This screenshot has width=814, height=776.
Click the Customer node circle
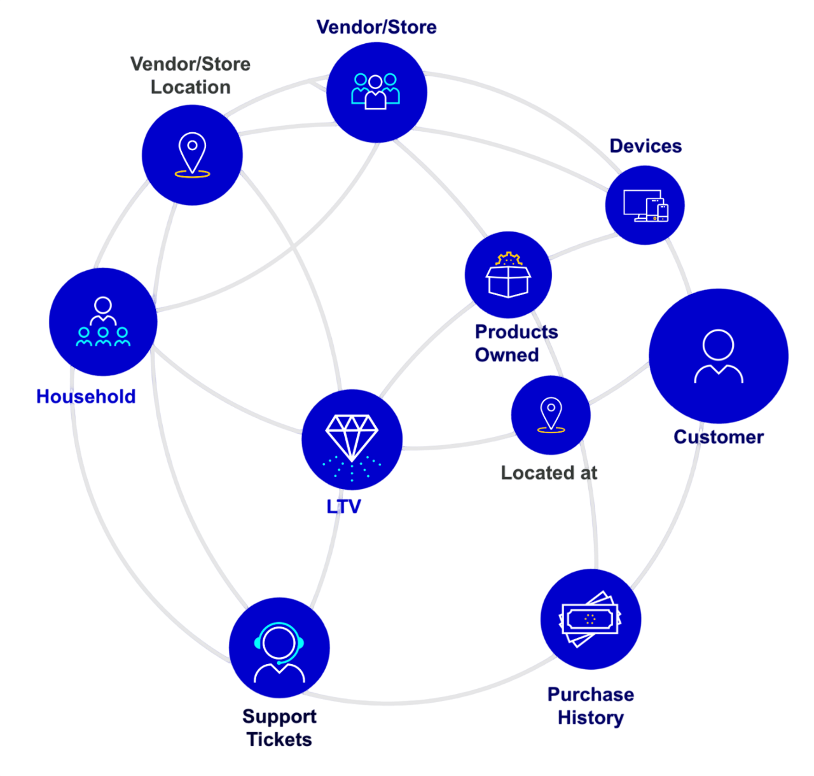[x=719, y=356]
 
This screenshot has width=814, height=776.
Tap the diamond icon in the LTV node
[x=352, y=436]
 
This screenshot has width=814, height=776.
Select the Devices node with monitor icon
[x=645, y=205]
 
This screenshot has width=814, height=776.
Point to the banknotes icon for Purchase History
[x=590, y=619]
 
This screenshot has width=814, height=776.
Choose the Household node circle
[x=103, y=322]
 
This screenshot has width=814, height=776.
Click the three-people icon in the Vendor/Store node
[x=375, y=92]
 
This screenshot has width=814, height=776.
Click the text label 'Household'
[x=86, y=397]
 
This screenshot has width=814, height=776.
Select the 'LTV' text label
[x=343, y=506]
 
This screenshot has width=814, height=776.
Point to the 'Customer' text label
[x=719, y=437]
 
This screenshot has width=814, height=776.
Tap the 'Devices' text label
[x=645, y=146]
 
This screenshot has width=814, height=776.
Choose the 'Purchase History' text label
[x=591, y=706]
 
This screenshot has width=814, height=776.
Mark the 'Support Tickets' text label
[x=280, y=728]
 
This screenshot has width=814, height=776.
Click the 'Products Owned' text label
[x=516, y=343]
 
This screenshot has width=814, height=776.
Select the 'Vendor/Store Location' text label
[x=190, y=75]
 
